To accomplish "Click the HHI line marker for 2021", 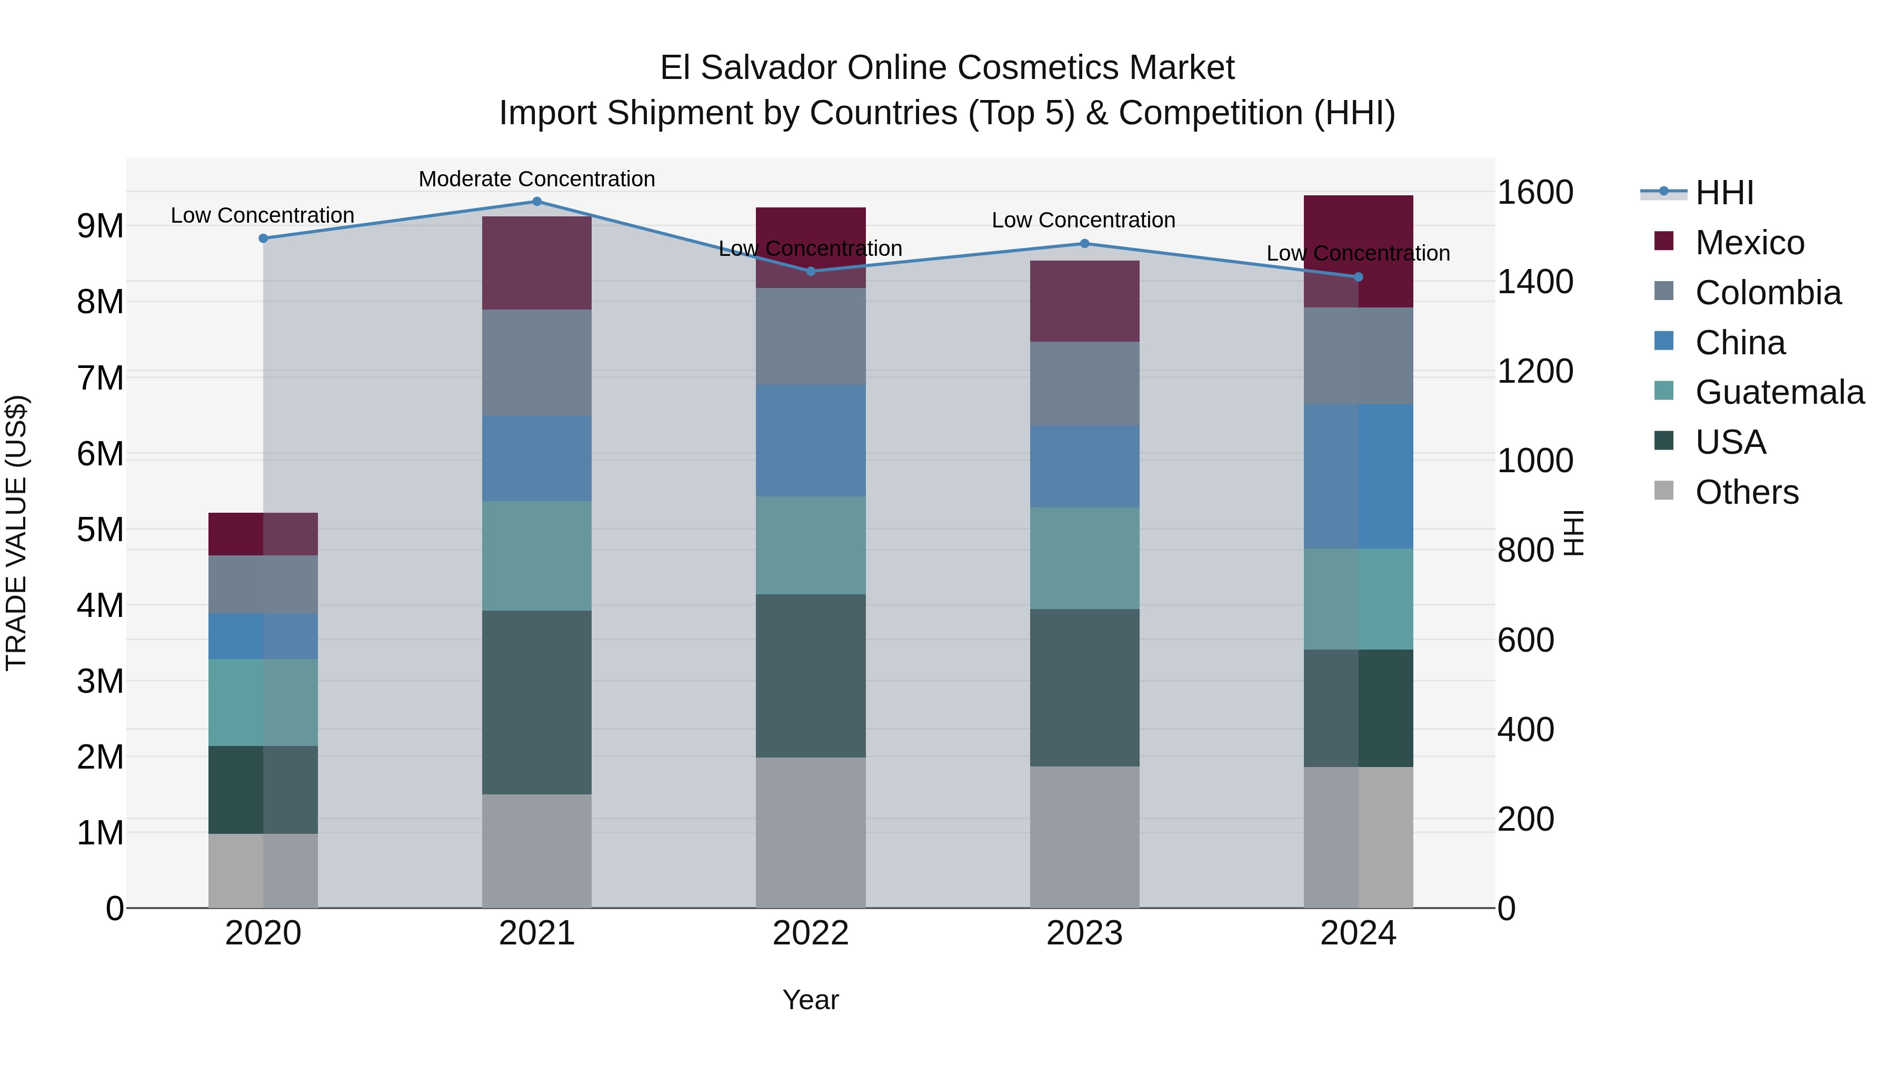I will (536, 202).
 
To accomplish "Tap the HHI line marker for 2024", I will (1358, 277).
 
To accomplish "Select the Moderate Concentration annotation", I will (536, 179).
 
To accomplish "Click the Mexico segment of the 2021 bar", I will (536, 263).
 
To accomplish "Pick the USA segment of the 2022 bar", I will (810, 675).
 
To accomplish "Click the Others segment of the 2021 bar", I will (536, 851).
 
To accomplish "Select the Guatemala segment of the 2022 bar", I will (810, 545).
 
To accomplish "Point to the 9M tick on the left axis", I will (101, 226).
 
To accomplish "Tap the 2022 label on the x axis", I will (810, 933).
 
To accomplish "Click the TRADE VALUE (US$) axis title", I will (16, 533).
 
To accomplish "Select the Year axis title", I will (810, 1000).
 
